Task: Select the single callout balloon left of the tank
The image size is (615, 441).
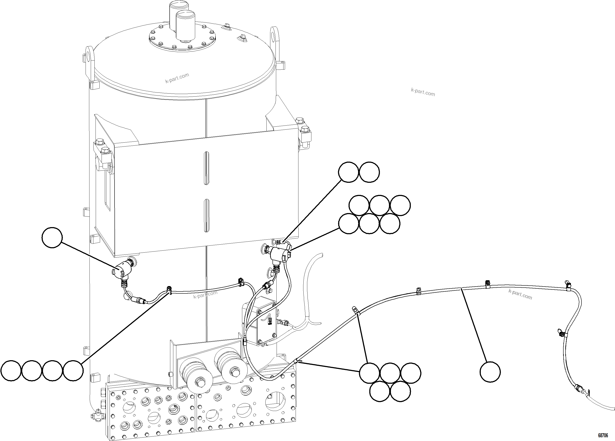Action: [x=52, y=237]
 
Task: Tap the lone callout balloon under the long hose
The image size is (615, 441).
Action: [x=490, y=372]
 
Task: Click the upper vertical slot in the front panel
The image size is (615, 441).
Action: [x=206, y=168]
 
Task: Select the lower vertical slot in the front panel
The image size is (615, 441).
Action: [x=206, y=216]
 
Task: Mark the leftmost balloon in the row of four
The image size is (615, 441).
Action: [x=11, y=371]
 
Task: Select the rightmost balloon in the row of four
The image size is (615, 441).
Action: [x=73, y=371]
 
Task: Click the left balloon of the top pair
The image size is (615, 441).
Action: [x=348, y=172]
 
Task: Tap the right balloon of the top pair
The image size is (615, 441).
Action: [x=369, y=172]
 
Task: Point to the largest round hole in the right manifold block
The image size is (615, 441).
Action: [x=275, y=401]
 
